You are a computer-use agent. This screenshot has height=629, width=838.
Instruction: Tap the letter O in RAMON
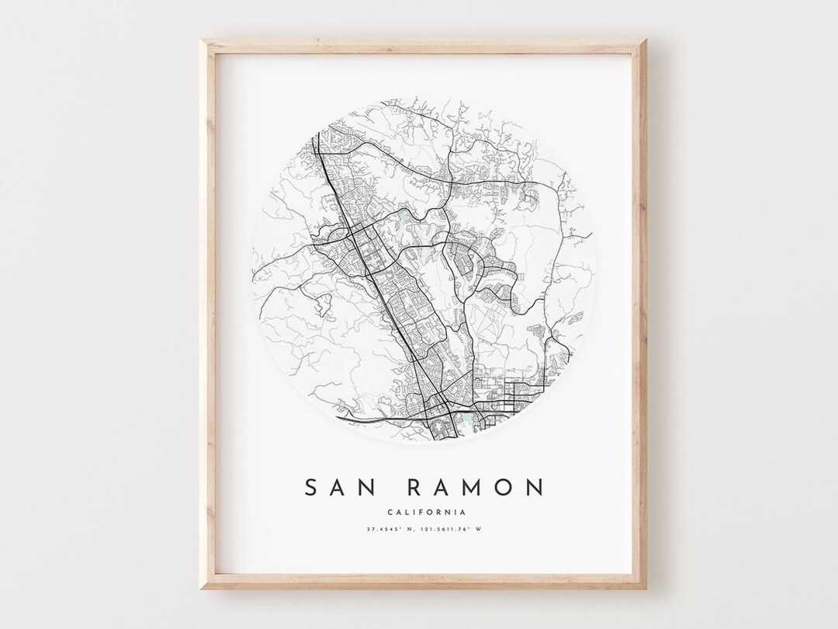504,488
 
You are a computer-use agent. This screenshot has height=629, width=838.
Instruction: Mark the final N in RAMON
535,488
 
